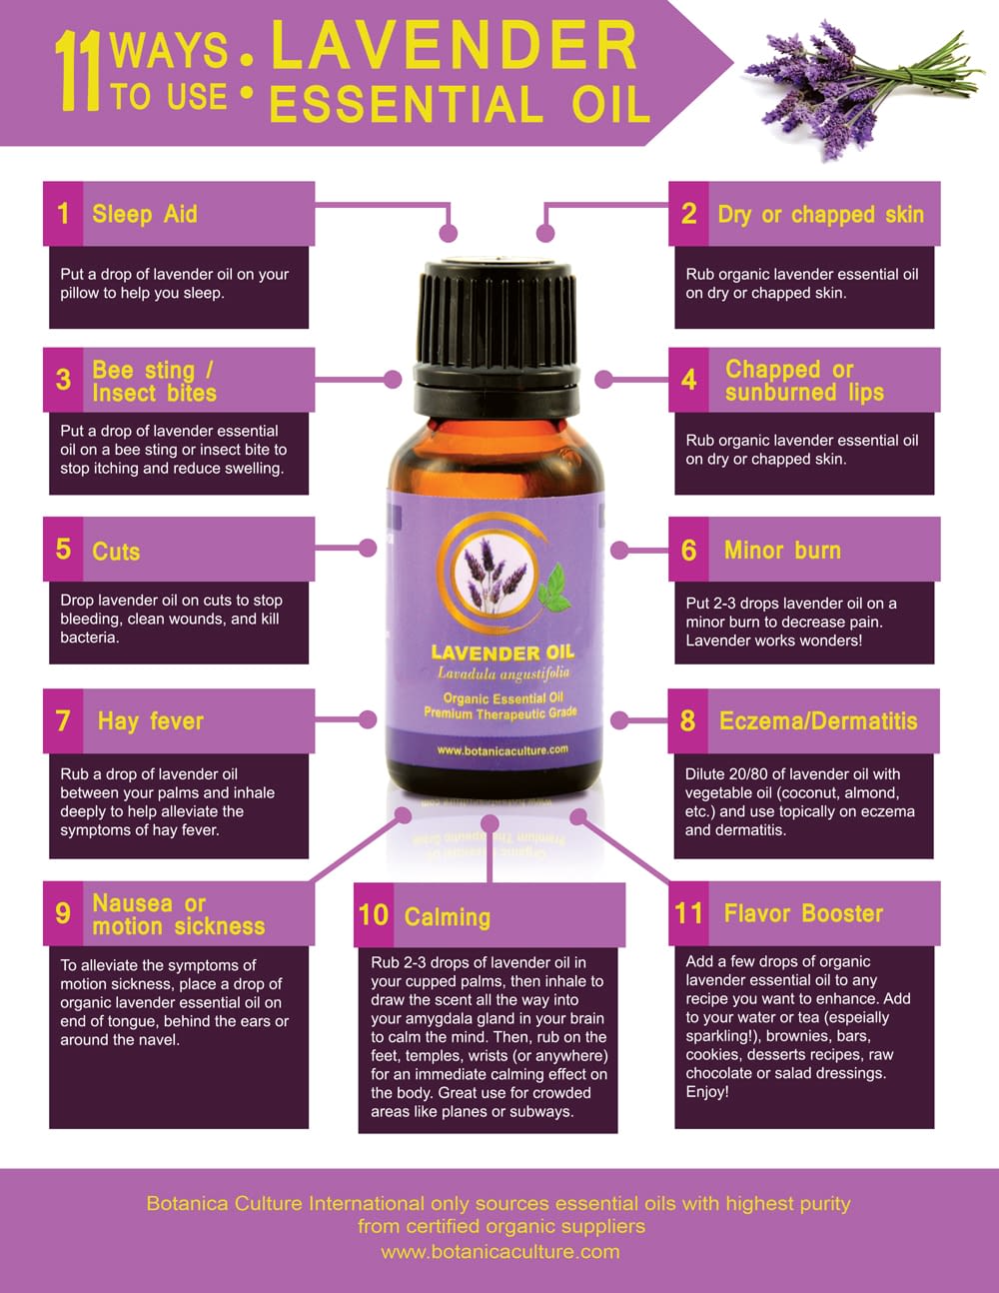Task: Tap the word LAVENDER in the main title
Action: (x=455, y=45)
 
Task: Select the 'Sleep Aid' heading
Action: (x=145, y=214)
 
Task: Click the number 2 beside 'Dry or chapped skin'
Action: (x=688, y=214)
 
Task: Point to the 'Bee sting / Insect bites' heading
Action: (x=154, y=381)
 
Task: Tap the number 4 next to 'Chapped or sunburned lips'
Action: (x=688, y=380)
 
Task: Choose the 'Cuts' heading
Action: (x=116, y=552)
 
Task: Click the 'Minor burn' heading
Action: (x=782, y=551)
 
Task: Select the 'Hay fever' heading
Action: (x=151, y=721)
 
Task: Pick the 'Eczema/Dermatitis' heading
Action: (x=818, y=721)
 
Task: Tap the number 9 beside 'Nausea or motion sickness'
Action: (x=63, y=913)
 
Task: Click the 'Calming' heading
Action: (x=448, y=917)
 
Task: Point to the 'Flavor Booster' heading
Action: (x=803, y=913)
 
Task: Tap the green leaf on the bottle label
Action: (x=554, y=589)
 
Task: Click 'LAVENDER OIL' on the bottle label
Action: (x=503, y=652)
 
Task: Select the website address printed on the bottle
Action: (x=502, y=750)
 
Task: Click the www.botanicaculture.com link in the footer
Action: (x=500, y=1251)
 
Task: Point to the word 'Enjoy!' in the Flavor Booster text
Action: (x=707, y=1092)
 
